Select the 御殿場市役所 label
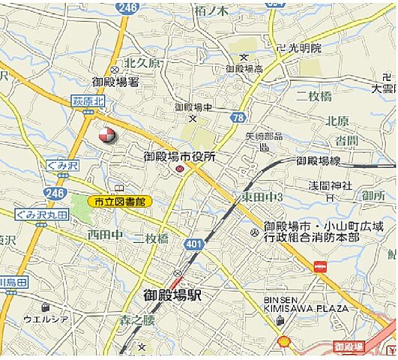click(179, 157)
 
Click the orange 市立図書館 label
click(119, 201)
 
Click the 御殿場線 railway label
click(319, 160)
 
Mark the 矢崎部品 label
click(265, 136)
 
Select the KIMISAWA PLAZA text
click(306, 308)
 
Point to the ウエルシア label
click(46, 319)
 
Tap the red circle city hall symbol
click(180, 170)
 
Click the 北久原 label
click(142, 63)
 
